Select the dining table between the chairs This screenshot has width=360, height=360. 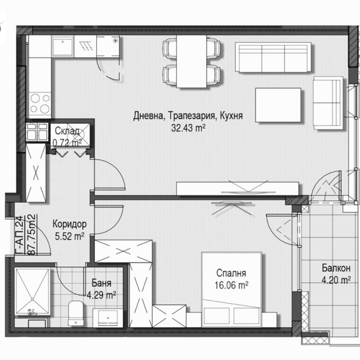191,61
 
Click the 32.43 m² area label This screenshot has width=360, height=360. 188,129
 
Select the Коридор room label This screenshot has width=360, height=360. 69,224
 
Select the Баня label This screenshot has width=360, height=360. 101,282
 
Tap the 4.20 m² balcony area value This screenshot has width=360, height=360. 333,279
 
